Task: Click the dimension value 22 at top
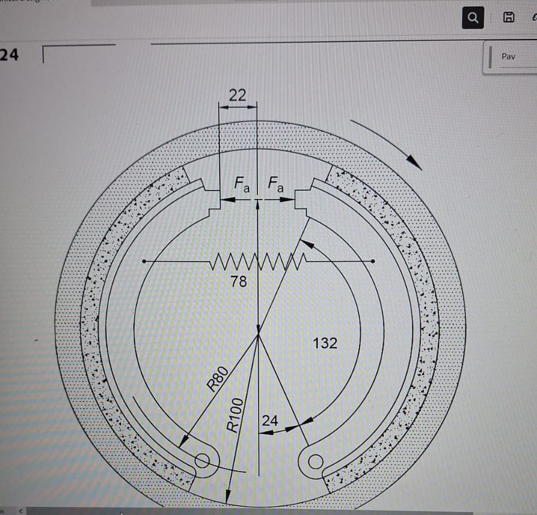coord(237,94)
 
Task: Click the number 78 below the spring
coord(238,281)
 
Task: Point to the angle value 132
coord(325,343)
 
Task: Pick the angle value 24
coord(270,421)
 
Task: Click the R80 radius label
coord(218,378)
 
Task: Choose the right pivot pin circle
coord(316,461)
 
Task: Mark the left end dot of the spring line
coord(144,261)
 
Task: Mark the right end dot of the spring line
coord(373,261)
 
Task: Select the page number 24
coord(9,56)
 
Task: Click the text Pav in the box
coord(508,57)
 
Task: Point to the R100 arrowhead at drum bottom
coord(228,499)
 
